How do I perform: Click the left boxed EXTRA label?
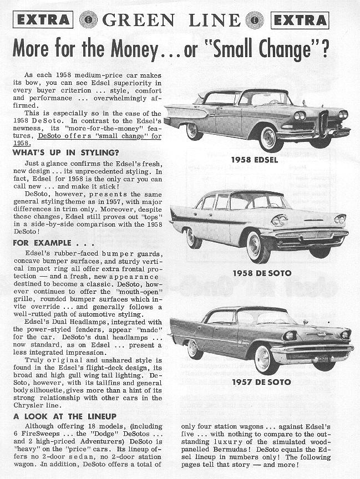tap(43, 20)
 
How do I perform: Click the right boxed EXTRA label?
tap(300, 20)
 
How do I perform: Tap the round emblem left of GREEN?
tap(88, 20)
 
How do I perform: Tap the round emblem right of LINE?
tap(255, 20)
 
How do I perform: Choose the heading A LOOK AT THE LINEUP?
tap(65, 416)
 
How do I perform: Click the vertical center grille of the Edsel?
tap(323, 124)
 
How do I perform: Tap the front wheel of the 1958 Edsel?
tap(270, 137)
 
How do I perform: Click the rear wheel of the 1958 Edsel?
tap(193, 131)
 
